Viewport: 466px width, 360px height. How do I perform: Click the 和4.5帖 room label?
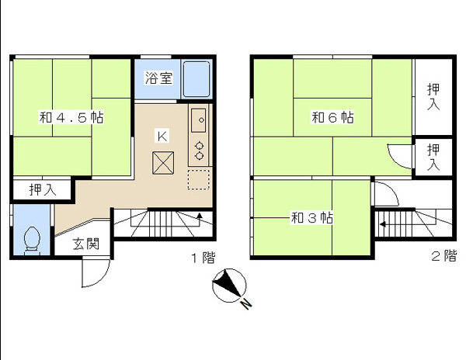point(71,119)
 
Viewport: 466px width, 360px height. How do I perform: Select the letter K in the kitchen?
point(162,137)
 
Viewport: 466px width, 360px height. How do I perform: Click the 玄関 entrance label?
point(86,244)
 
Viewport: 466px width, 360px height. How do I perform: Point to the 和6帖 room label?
point(333,118)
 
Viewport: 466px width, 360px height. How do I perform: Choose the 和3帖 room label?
point(311,218)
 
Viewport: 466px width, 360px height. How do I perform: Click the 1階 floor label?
point(202,258)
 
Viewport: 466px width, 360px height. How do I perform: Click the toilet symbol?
point(33,238)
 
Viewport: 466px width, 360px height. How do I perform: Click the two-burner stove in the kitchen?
point(200,149)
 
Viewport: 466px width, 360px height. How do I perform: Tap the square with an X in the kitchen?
point(163,163)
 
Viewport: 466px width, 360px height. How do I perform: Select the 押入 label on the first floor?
point(43,189)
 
